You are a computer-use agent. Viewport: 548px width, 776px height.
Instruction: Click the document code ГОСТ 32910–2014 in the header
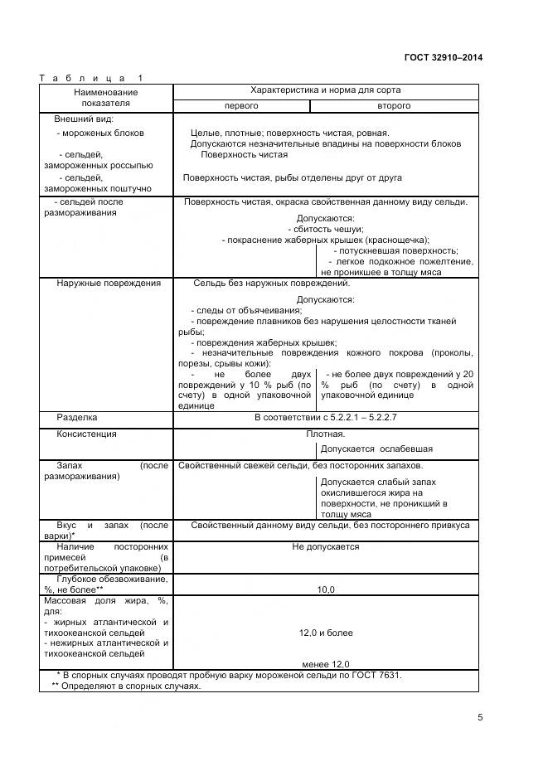443,57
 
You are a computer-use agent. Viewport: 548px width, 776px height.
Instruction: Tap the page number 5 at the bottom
480,718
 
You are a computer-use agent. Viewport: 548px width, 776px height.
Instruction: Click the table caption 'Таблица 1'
91,78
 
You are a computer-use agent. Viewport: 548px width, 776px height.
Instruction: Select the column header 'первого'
241,106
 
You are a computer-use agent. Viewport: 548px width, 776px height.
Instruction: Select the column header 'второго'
394,106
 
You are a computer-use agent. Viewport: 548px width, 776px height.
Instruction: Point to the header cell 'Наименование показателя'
105,98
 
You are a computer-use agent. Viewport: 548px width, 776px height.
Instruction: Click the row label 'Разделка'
77,417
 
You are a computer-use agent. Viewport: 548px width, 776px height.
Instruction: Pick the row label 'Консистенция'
86,434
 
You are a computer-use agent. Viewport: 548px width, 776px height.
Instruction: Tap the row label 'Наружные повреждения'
109,284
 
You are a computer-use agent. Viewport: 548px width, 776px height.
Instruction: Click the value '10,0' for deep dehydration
326,589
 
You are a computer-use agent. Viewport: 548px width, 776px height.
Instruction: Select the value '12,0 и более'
326,633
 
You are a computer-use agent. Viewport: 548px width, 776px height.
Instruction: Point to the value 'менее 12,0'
326,664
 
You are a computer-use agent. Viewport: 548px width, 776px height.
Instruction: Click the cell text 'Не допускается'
326,546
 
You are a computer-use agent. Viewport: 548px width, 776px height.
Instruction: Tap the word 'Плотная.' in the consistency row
326,434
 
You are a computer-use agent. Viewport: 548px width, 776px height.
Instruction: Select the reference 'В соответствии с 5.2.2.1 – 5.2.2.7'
326,417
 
